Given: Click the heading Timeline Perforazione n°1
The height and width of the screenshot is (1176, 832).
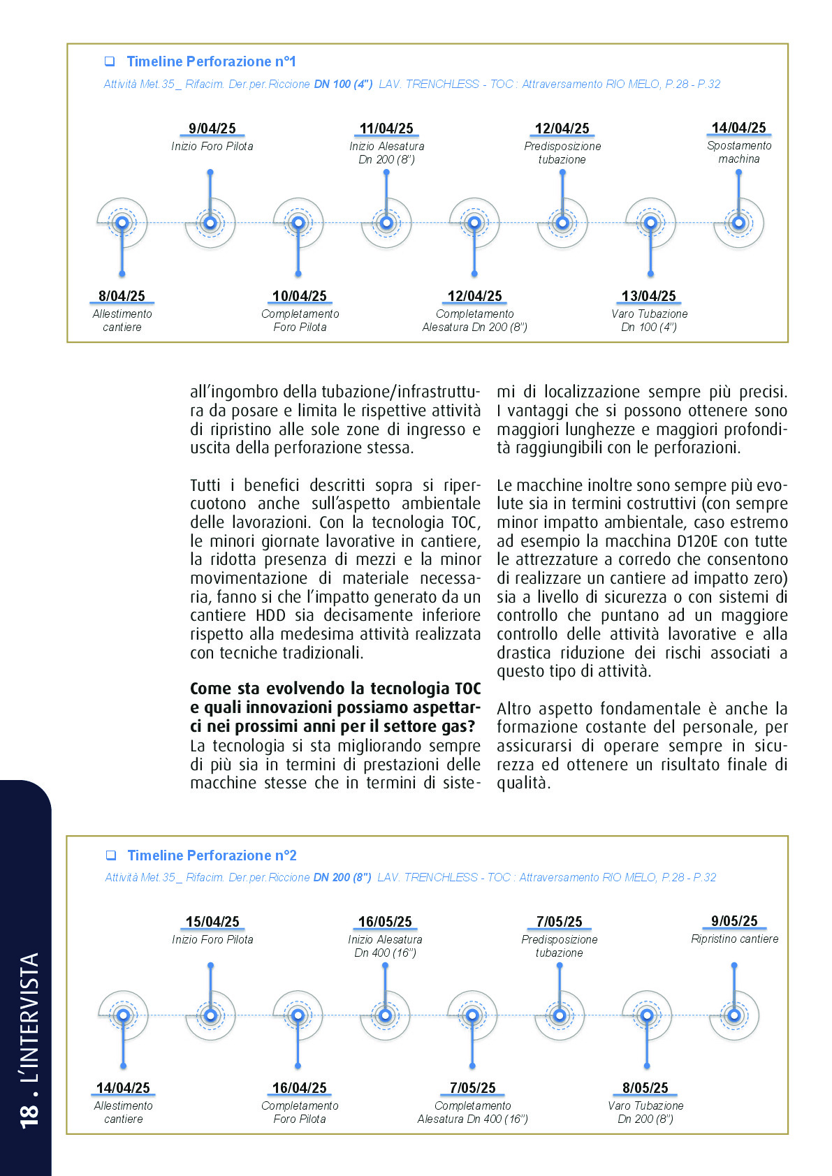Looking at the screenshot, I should click(x=211, y=61).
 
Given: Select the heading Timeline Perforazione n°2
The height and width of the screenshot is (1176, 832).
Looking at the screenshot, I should click(x=212, y=855).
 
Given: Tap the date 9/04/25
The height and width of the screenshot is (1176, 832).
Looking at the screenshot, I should click(x=212, y=128).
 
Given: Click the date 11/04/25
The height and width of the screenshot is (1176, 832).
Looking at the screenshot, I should click(x=386, y=128).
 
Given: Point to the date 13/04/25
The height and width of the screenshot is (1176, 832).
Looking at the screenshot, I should click(x=649, y=296).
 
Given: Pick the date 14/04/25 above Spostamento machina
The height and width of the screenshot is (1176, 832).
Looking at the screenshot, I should click(x=738, y=128).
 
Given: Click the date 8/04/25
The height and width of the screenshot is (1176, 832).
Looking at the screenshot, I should click(x=122, y=296).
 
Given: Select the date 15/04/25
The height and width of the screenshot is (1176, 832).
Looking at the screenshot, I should click(x=212, y=922).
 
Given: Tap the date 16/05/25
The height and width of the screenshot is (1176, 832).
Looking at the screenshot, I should click(x=385, y=922).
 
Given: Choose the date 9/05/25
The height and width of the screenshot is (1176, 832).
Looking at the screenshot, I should click(x=734, y=921).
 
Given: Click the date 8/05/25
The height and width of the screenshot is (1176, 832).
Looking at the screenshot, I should click(x=645, y=1088).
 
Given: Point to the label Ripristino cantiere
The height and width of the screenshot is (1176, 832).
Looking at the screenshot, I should click(x=734, y=939).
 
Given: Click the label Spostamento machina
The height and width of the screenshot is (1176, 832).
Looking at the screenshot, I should click(x=739, y=152).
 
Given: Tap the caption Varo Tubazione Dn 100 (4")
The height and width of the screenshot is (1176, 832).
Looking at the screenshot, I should click(x=649, y=321).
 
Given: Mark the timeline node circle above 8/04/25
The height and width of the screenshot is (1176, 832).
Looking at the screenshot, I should click(x=122, y=223).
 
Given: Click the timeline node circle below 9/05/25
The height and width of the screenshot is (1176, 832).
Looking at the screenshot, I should click(x=734, y=1015).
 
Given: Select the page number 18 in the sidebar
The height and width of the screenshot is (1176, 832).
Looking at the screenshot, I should click(x=29, y=1114).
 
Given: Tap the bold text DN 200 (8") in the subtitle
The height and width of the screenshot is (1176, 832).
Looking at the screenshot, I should click(x=342, y=877).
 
